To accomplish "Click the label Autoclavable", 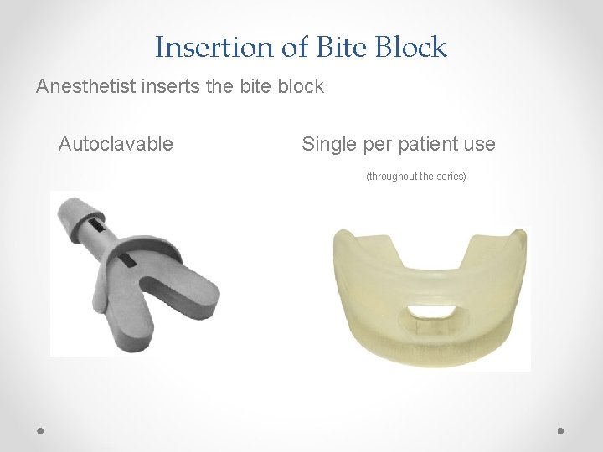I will pyautogui.click(x=116, y=144).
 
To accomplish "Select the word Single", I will pyautogui.click(x=330, y=144).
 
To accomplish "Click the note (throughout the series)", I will pyautogui.click(x=415, y=177).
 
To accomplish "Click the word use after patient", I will pyautogui.click(x=478, y=144).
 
